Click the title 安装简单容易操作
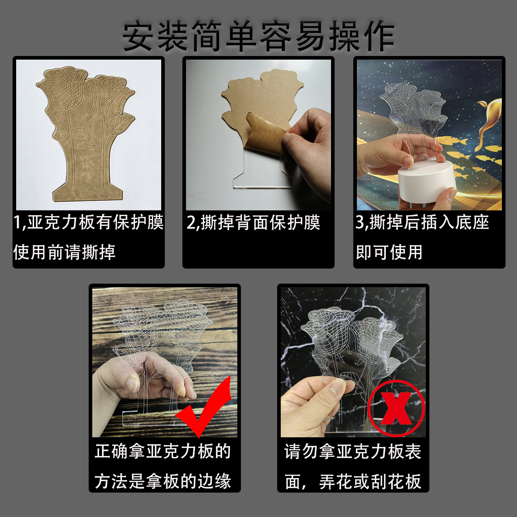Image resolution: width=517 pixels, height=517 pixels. [258, 36]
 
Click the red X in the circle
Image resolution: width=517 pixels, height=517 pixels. [396, 408]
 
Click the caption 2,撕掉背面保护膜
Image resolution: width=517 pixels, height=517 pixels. [253, 223]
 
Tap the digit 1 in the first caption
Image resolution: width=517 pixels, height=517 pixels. [17, 223]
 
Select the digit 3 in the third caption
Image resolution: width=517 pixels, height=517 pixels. [360, 223]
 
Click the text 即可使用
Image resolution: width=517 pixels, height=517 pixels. [389, 252]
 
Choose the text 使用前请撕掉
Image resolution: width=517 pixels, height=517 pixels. [65, 252]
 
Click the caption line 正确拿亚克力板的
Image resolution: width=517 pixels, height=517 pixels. [163, 451]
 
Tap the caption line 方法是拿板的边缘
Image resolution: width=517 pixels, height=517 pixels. [163, 481]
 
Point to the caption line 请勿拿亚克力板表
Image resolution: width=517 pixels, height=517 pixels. [353, 451]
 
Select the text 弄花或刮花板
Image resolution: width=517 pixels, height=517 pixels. [370, 481]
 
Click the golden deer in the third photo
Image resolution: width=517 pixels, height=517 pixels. [490, 118]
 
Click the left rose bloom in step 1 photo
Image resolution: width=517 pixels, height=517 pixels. [65, 90]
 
